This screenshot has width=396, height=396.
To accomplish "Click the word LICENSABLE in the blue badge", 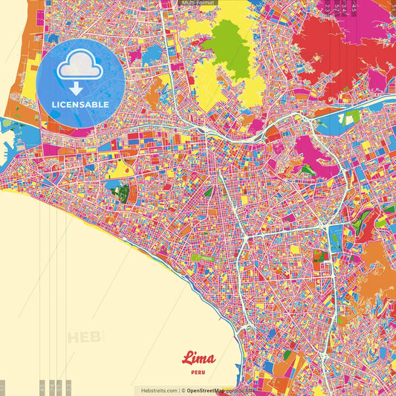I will pos(81,105).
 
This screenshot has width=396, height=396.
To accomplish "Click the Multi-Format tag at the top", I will pos(198,3).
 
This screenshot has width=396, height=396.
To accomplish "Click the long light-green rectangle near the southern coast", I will pos(201,258).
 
